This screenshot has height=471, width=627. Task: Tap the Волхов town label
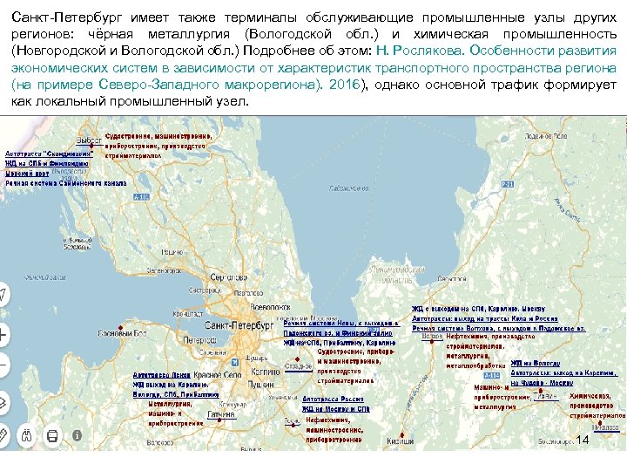coord(429,336)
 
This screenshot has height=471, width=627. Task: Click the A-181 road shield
coord(141,197)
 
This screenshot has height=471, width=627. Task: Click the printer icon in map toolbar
coord(52,434)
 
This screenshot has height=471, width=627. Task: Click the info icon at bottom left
coord(77,434)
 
